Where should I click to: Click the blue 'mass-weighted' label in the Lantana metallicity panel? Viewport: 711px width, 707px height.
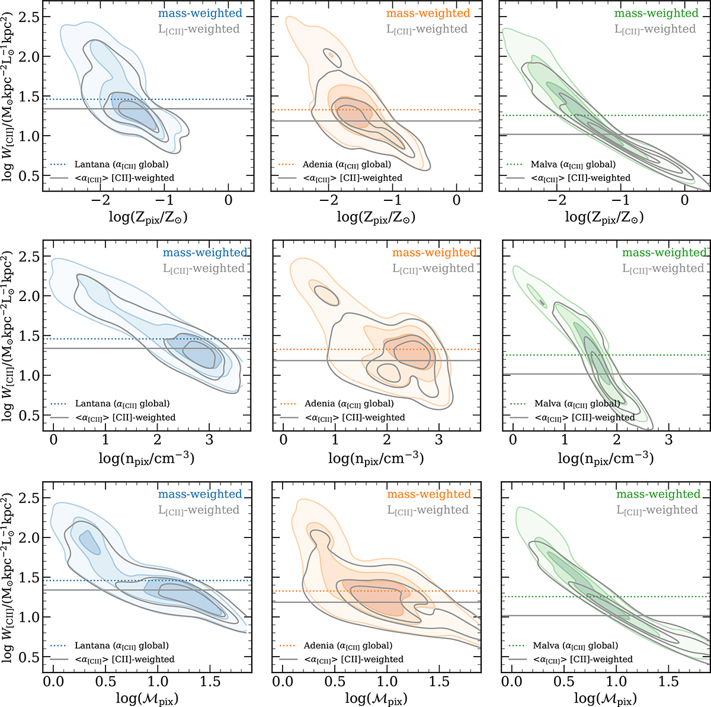(x=200, y=13)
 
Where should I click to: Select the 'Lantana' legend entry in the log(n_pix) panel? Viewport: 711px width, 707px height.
(x=122, y=404)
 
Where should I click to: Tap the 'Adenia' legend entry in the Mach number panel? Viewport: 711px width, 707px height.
(x=347, y=645)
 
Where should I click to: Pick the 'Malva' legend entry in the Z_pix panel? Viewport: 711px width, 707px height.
(x=573, y=164)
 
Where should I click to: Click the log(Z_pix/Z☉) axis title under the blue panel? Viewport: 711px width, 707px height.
(x=148, y=217)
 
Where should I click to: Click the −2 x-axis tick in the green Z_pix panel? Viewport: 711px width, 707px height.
(x=556, y=200)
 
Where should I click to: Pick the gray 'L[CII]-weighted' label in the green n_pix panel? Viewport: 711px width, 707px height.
(x=664, y=268)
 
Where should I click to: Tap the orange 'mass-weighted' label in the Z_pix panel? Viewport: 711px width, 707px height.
(x=428, y=13)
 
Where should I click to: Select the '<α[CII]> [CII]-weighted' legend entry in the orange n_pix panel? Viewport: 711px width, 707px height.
(x=355, y=417)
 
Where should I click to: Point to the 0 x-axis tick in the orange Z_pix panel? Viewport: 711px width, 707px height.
(x=456, y=200)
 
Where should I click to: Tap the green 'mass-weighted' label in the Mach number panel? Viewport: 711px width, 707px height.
(x=658, y=494)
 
